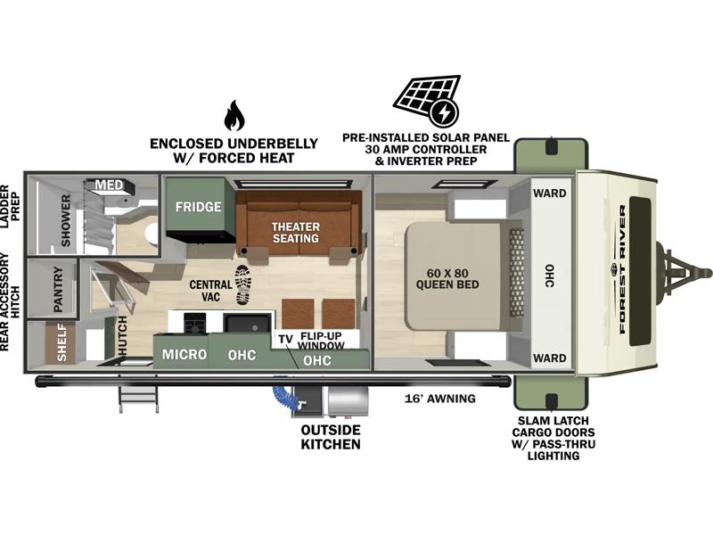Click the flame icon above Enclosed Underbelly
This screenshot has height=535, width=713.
[x=234, y=116]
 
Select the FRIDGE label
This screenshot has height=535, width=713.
[x=198, y=207]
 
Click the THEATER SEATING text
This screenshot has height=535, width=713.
[x=296, y=233]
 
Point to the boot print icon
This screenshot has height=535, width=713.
[x=242, y=284]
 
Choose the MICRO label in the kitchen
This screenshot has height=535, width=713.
[x=184, y=354]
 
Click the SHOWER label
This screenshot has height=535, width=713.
[x=66, y=220]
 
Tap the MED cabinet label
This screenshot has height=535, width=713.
[x=109, y=185]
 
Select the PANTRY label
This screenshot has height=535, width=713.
[x=58, y=289]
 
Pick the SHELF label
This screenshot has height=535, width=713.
[x=61, y=343]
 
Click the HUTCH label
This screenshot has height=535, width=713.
[x=123, y=336]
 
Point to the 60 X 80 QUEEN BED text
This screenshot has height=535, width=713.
[x=447, y=279]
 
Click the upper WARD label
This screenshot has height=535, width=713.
[x=550, y=193]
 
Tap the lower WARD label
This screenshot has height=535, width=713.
[x=550, y=358]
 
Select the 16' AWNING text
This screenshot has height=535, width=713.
[x=440, y=399]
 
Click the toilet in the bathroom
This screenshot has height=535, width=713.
[x=151, y=234]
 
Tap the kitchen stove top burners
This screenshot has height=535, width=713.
[x=194, y=324]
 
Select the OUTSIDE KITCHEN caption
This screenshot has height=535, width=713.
[x=331, y=437]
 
